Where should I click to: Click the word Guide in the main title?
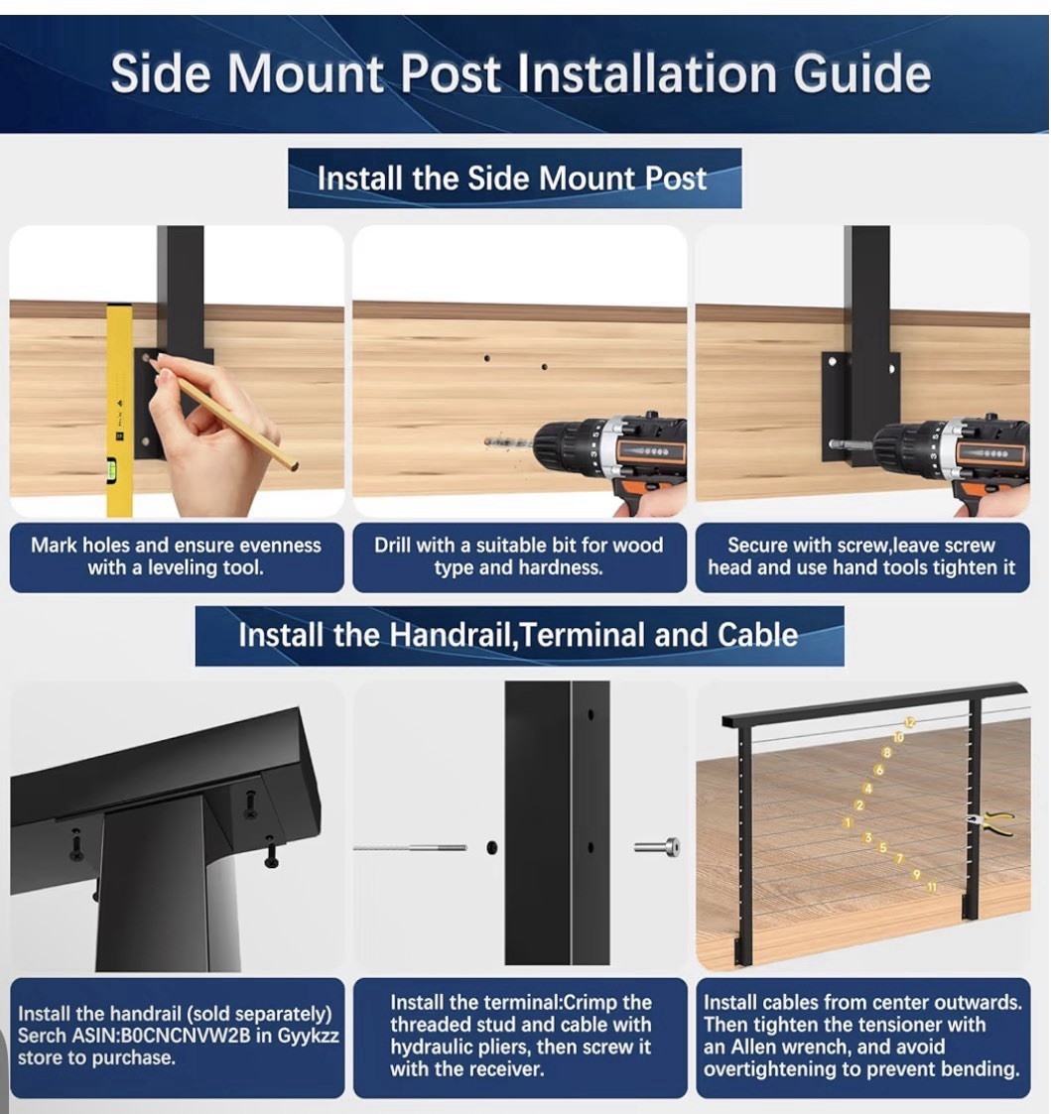(x=861, y=73)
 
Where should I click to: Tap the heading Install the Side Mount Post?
(x=512, y=179)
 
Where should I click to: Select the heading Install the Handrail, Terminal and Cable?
(x=518, y=635)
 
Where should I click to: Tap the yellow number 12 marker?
(x=910, y=722)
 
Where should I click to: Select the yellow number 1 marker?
(x=848, y=822)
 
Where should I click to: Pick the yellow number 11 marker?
(x=932, y=887)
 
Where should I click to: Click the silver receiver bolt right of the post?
(x=657, y=847)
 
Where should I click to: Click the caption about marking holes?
(x=176, y=557)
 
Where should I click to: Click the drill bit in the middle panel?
(x=508, y=441)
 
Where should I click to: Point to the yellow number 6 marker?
(x=879, y=770)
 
